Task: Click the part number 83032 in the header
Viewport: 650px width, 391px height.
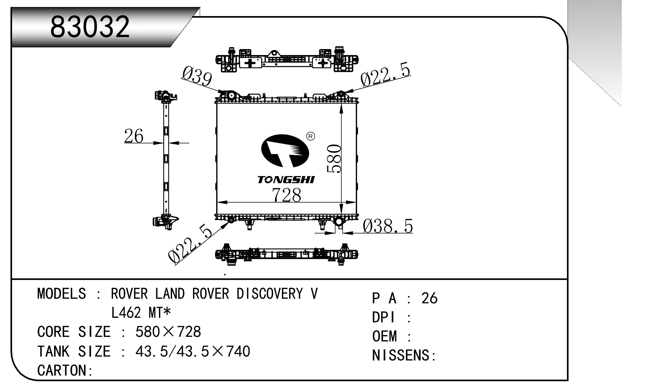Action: (90, 27)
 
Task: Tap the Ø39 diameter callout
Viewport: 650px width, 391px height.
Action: (197, 75)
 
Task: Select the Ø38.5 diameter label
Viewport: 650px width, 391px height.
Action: (388, 226)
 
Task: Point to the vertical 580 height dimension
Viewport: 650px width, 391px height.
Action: (334, 159)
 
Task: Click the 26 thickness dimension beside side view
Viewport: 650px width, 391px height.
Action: (134, 136)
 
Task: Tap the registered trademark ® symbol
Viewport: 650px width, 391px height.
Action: (310, 137)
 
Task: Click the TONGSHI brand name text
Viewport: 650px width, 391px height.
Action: (286, 180)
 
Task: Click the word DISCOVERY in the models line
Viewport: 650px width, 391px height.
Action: (269, 294)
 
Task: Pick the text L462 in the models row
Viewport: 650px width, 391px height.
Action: (126, 313)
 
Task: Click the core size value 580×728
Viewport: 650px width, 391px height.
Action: (168, 332)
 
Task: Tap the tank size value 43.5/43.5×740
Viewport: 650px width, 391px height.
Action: (193, 351)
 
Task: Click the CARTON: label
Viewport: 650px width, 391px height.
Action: (65, 370)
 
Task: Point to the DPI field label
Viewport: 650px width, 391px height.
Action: (383, 317)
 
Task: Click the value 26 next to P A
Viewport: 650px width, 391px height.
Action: (429, 298)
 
